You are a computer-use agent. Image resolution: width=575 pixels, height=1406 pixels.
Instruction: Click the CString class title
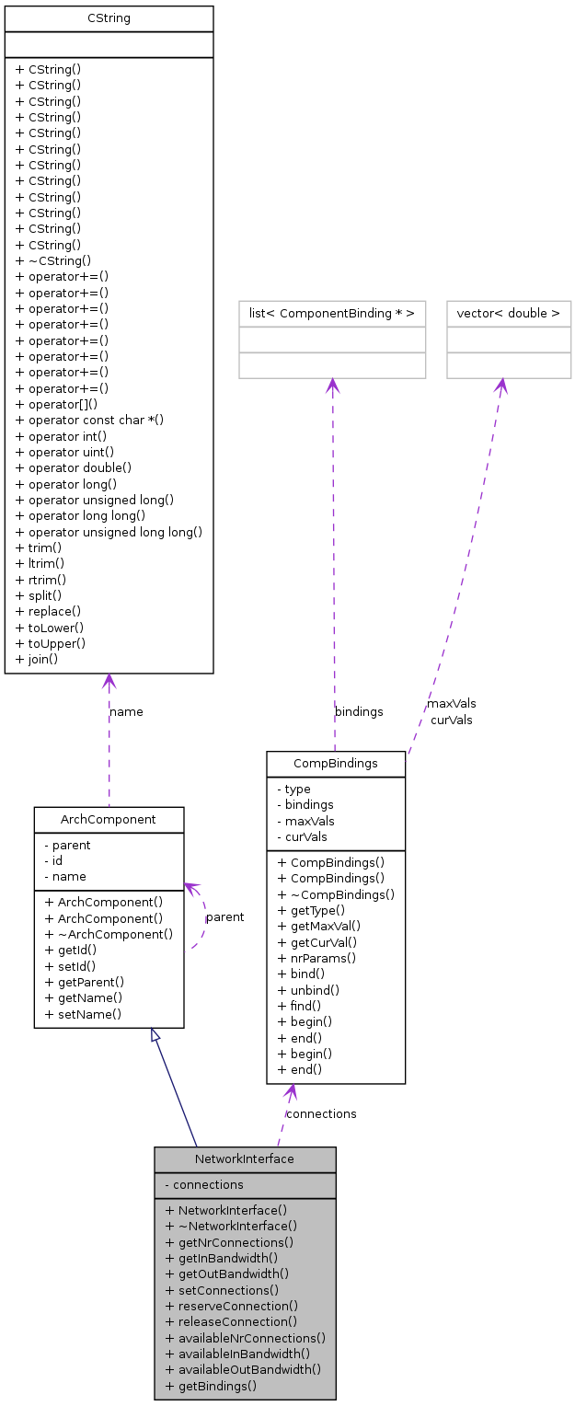point(109,18)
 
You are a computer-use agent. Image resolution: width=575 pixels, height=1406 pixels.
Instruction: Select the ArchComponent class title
point(109,819)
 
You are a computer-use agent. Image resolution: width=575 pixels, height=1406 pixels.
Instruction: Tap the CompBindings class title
point(336,764)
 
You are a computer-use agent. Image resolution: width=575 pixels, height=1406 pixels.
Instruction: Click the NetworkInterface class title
point(245,1159)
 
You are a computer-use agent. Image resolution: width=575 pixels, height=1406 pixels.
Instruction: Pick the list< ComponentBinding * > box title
point(332,314)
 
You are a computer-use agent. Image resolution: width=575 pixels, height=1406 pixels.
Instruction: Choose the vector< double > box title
point(509,314)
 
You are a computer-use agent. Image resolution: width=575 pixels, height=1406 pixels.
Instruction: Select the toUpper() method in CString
point(50,643)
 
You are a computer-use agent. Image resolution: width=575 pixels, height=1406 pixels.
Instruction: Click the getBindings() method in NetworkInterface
point(212,1386)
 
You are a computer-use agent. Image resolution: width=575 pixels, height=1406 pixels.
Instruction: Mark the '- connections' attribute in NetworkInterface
point(204,1185)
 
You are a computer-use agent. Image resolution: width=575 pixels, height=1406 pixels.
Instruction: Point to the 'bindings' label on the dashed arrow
point(359,711)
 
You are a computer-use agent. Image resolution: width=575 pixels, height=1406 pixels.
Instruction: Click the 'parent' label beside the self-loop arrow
point(224,917)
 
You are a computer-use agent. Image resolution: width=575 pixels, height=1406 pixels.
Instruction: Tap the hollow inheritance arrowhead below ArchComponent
point(156,1035)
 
